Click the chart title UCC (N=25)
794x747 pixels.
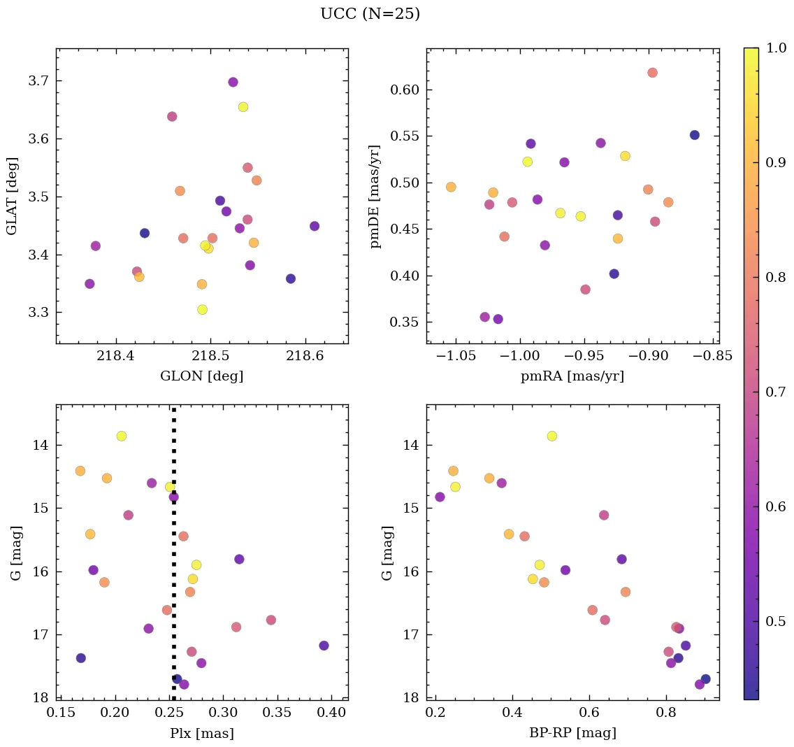tap(370, 14)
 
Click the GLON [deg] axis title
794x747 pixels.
tap(202, 376)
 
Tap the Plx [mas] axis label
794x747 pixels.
tap(202, 734)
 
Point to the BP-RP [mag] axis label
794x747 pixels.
tap(572, 734)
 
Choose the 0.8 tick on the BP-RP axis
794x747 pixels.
tap(666, 713)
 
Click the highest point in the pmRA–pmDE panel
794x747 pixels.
tap(652, 73)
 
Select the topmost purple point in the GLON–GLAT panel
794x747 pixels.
tap(233, 82)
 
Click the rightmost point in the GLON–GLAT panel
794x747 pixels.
tap(315, 226)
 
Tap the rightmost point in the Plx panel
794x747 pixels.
tap(324, 646)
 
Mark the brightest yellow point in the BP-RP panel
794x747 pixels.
tap(552, 436)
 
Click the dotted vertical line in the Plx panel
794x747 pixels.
tap(173, 560)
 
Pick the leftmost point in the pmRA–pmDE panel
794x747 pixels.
tap(451, 187)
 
